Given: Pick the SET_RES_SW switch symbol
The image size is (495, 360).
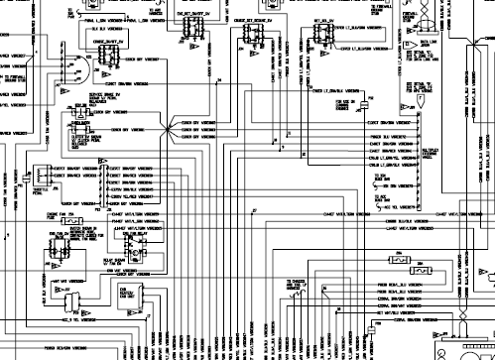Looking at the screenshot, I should [x=323, y=33].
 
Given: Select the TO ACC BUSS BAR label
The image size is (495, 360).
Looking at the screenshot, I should [x=381, y=198].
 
